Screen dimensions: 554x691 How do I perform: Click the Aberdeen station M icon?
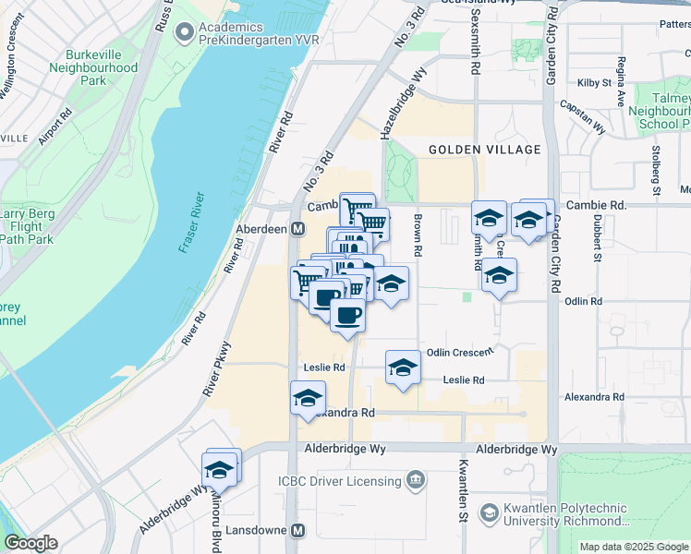pos(298,229)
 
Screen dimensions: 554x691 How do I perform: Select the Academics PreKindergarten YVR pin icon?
pos(185,33)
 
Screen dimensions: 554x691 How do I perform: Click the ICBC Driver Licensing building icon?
pos(416,480)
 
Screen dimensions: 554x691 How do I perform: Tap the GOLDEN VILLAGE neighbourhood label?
pos(484,150)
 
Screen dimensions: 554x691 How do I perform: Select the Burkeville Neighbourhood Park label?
pos(93,67)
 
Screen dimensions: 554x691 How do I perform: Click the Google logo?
pos(30,543)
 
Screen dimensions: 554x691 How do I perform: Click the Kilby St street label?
pos(594,82)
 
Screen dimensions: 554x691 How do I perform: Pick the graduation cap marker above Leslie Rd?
pos(403,367)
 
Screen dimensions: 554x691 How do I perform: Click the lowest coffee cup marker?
pos(347,315)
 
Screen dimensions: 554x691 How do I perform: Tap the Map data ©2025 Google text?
pos(634,547)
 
